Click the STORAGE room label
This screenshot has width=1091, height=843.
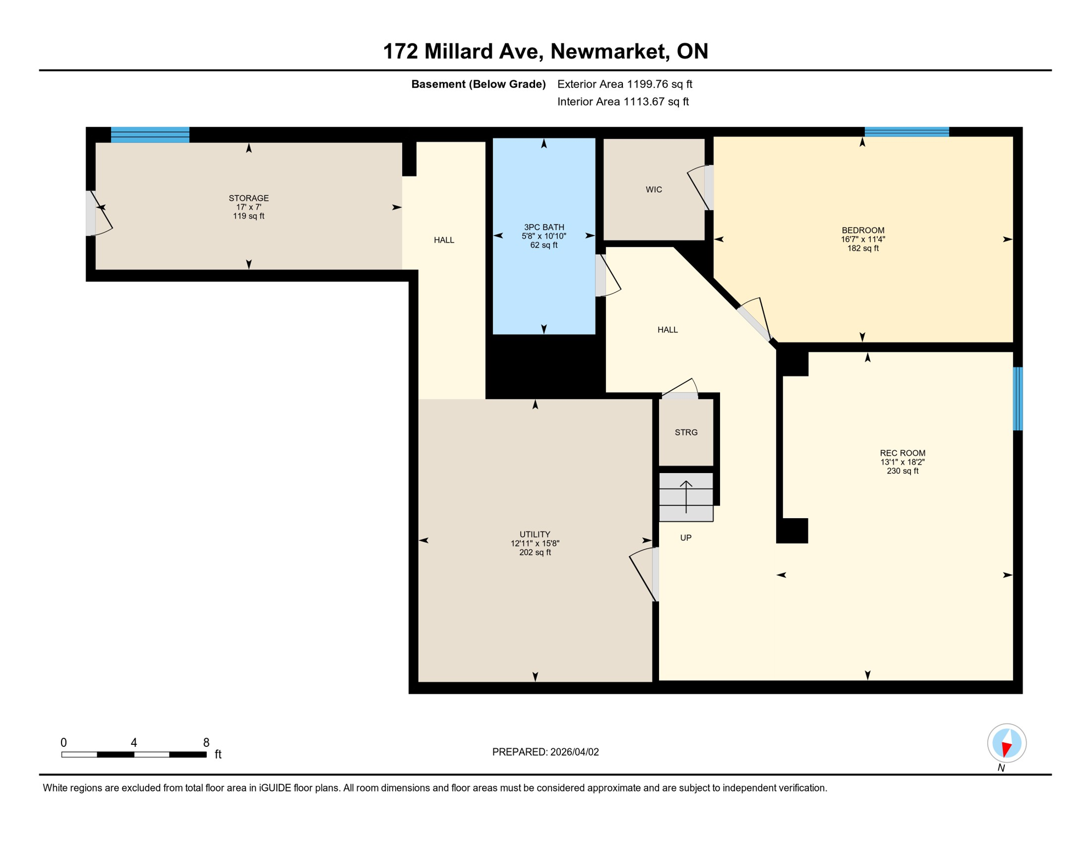[x=249, y=198]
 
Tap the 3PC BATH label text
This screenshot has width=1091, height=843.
[x=543, y=227]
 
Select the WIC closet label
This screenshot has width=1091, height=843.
[x=654, y=190]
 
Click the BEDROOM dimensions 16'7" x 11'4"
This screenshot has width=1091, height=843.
[x=863, y=239]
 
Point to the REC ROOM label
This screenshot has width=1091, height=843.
[x=902, y=453]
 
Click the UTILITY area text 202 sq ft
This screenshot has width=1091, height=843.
[x=535, y=553]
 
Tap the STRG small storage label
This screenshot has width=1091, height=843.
[x=686, y=432]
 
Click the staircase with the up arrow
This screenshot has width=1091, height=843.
[x=686, y=497]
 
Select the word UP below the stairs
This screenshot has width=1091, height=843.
[x=685, y=538]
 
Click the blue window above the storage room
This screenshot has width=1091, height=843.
[x=150, y=134]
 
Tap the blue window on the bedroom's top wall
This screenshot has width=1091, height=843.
[x=907, y=132]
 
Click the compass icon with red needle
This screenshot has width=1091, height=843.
[x=1006, y=743]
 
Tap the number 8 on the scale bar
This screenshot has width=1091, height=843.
[x=206, y=743]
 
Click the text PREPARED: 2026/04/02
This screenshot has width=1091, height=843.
[x=545, y=752]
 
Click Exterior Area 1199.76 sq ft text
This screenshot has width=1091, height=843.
[x=625, y=84]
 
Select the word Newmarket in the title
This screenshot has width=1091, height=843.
[x=609, y=52]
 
